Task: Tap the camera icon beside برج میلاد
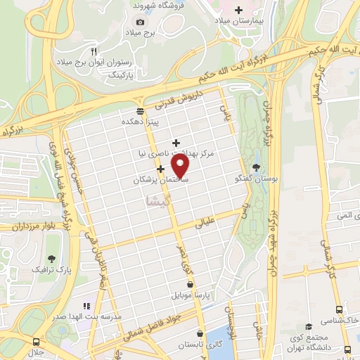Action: (140, 22)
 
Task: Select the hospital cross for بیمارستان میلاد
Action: (239, 10)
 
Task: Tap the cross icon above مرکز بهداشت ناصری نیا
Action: (176, 143)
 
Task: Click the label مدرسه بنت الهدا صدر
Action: (87, 317)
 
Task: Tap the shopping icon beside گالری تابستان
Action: (201, 333)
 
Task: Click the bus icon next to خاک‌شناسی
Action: (340, 309)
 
